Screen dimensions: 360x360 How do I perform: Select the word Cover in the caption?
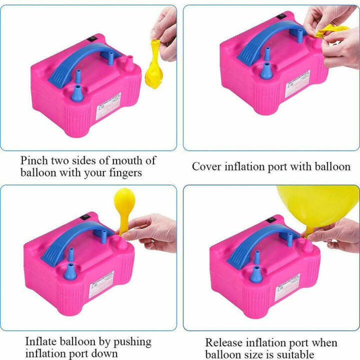coord(207,166)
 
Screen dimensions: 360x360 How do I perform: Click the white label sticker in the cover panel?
coord(297,88)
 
